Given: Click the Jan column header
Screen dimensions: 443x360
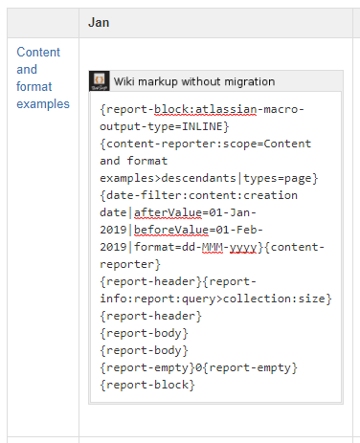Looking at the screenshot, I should (99, 21).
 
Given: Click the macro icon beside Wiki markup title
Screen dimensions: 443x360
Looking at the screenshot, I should (98, 81).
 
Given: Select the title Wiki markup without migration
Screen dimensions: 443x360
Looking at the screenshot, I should (194, 82).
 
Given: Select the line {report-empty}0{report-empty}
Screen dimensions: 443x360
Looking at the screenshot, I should (199, 367).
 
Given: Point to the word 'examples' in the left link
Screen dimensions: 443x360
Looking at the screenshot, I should (43, 103).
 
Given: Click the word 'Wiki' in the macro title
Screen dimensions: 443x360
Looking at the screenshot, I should (125, 82).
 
